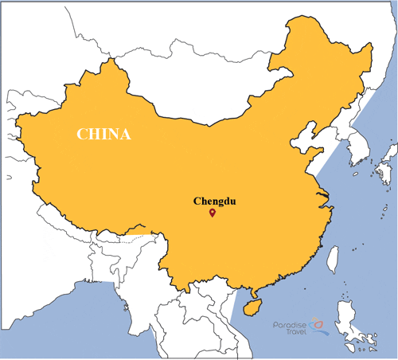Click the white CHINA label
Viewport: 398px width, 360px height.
(x=103, y=133)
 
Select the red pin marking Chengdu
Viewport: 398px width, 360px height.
(x=212, y=213)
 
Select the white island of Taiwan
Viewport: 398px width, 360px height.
(x=333, y=258)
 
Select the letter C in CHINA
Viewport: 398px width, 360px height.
(x=82, y=133)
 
